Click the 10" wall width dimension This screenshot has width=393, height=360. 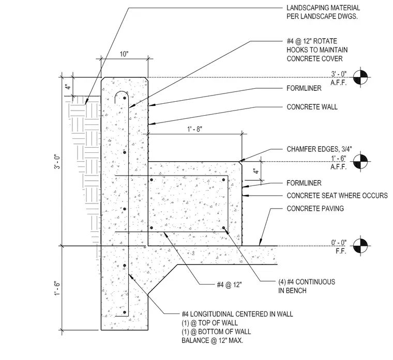(x=124, y=54)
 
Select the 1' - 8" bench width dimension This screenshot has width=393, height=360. (x=195, y=129)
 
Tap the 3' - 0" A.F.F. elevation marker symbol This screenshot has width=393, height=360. (x=360, y=77)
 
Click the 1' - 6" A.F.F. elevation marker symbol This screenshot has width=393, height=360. (x=360, y=162)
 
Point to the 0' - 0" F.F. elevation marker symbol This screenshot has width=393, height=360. (x=360, y=246)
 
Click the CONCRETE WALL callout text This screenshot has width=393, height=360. (x=312, y=107)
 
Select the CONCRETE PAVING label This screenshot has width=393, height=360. (x=315, y=209)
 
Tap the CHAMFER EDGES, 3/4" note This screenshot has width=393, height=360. (x=319, y=149)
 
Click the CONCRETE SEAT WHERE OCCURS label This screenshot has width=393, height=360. (x=337, y=196)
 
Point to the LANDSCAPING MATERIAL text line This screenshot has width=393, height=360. (x=323, y=8)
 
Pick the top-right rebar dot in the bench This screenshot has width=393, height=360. (x=223, y=180)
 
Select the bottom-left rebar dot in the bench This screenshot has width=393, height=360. (x=152, y=228)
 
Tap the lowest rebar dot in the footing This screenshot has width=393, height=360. (x=125, y=312)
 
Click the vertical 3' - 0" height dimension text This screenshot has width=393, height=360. (x=57, y=162)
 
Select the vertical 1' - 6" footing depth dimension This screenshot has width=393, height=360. (x=57, y=288)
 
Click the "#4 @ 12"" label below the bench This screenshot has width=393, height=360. (x=229, y=285)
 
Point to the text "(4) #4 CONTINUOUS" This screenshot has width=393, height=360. (x=307, y=282)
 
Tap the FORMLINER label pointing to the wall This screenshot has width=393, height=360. (x=304, y=88)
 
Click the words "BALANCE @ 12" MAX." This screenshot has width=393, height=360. (x=213, y=340)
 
